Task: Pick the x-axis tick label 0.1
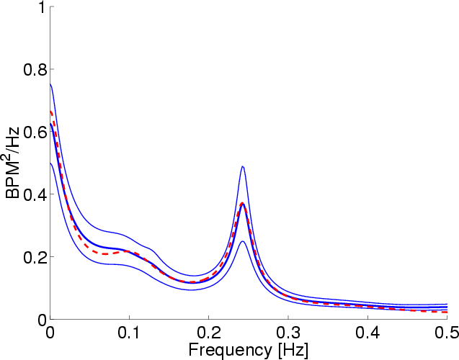tap(129, 333)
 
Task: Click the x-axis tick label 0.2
tap(208, 333)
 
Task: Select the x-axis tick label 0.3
tap(288, 333)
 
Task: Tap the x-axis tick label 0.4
tap(367, 333)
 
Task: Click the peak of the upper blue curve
tap(243, 166)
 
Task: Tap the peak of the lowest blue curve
tap(243, 241)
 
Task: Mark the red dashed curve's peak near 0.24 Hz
tap(243, 204)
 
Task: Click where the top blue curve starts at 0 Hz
tap(50, 85)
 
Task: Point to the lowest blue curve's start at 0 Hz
tap(50, 163)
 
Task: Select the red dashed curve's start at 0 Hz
tap(50, 112)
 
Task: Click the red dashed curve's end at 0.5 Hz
tap(447, 312)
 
